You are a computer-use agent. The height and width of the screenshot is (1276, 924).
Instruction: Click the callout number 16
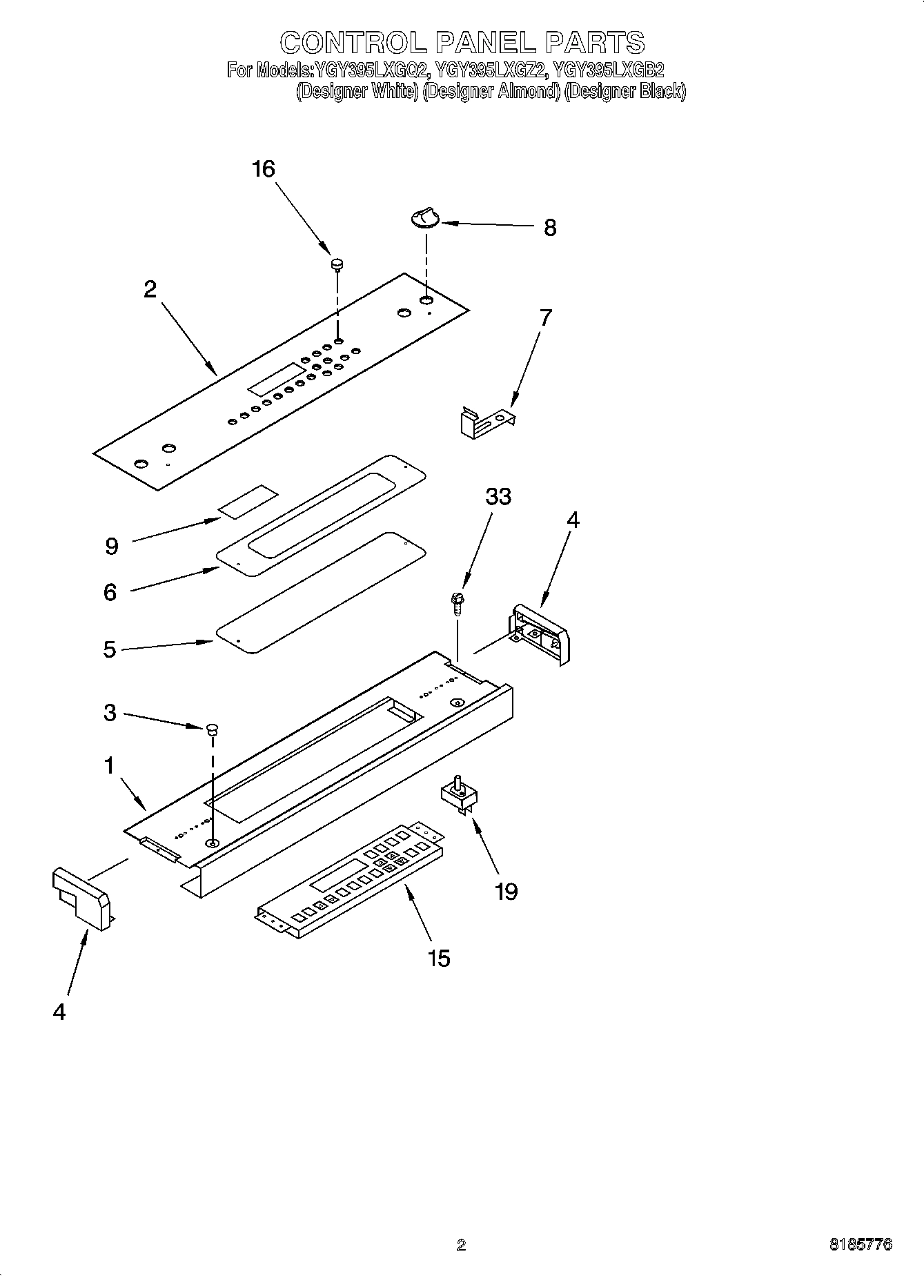[264, 168]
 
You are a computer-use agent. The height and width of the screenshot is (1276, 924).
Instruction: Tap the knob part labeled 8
[423, 218]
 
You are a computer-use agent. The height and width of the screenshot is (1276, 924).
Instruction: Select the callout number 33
[498, 496]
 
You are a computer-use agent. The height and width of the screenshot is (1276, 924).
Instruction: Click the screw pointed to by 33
[457, 602]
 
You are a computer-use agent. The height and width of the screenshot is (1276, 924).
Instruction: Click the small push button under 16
[337, 263]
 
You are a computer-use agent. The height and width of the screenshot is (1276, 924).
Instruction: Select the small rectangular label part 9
[248, 500]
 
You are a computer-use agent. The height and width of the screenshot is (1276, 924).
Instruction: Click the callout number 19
[507, 892]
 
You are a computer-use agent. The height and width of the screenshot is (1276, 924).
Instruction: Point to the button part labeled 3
[212, 729]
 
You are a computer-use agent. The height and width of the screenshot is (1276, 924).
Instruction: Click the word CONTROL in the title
[353, 43]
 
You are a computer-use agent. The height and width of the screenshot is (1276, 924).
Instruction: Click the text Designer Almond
[491, 92]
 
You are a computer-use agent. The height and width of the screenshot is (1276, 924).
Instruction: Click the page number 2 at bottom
[461, 1245]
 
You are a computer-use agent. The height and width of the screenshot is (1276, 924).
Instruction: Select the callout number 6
[110, 592]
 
